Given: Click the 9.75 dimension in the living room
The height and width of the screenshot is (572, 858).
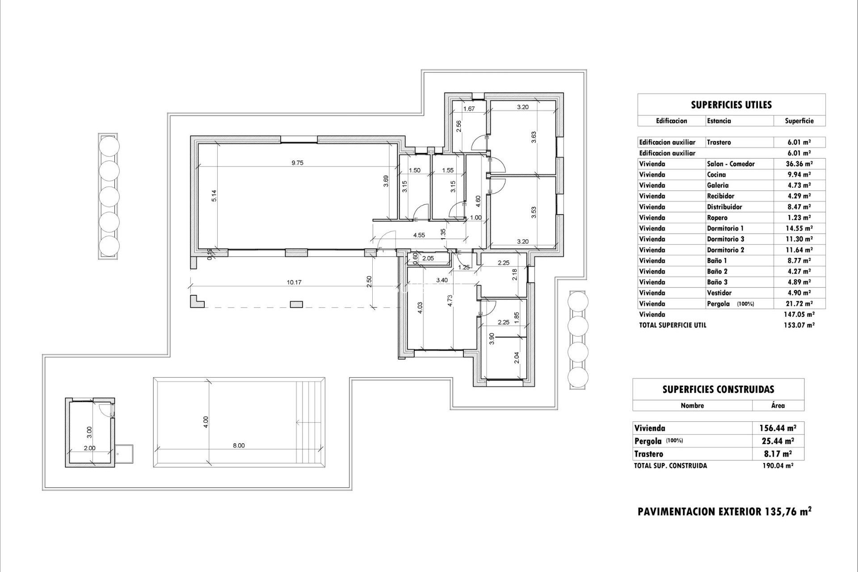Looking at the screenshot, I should pyautogui.click(x=297, y=163).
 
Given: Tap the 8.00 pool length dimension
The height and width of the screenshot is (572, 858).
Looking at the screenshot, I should pyautogui.click(x=239, y=446).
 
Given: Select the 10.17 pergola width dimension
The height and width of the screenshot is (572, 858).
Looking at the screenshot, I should pyautogui.click(x=294, y=282).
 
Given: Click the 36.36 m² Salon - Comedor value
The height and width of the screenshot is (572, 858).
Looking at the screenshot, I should pyautogui.click(x=799, y=164).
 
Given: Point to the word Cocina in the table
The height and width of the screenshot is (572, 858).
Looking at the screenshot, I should pyautogui.click(x=716, y=175).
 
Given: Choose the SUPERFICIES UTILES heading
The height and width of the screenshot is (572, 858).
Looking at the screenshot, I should pyautogui.click(x=731, y=105).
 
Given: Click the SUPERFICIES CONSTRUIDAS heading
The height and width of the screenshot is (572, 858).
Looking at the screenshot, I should pyautogui.click(x=718, y=390).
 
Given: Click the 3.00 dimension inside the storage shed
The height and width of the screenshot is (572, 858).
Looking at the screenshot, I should pyautogui.click(x=89, y=432).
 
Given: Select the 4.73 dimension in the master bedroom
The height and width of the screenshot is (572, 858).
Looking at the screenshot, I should pyautogui.click(x=450, y=308).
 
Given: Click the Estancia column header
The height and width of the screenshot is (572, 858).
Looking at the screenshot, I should pyautogui.click(x=719, y=121).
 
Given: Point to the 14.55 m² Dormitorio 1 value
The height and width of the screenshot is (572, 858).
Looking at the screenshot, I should pyautogui.click(x=799, y=228).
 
